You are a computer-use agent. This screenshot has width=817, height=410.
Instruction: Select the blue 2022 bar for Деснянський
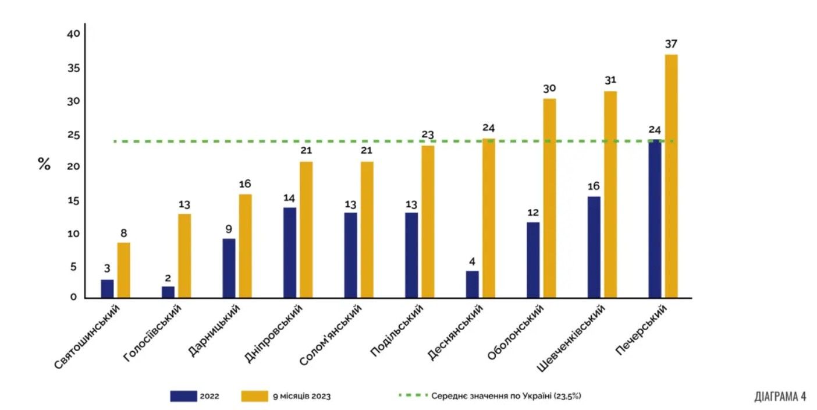coord(472,284)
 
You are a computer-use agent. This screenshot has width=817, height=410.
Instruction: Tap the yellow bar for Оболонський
coord(549,198)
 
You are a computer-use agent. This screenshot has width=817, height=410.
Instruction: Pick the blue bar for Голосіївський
coord(168,292)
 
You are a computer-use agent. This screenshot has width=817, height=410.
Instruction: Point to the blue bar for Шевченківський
coord(594,247)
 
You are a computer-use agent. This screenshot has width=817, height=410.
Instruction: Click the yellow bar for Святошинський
coord(123,270)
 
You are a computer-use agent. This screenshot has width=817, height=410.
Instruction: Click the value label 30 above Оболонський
coord(549,89)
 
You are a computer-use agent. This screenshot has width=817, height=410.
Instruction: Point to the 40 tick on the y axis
coord(73,34)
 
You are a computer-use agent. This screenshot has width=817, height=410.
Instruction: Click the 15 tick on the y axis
coord(73,201)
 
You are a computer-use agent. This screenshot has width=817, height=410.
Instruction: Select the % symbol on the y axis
coord(44,164)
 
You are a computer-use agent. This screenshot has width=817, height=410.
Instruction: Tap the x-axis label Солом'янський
coord(330,337)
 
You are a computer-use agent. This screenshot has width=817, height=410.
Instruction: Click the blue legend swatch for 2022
coord(183,396)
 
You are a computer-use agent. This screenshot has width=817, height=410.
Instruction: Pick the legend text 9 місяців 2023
coord(302,396)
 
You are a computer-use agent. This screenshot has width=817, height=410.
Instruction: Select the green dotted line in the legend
coord(412,395)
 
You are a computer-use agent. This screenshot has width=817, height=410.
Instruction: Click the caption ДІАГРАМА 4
coord(780,396)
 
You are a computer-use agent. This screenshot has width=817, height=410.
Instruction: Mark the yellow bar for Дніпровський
coord(306,229)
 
